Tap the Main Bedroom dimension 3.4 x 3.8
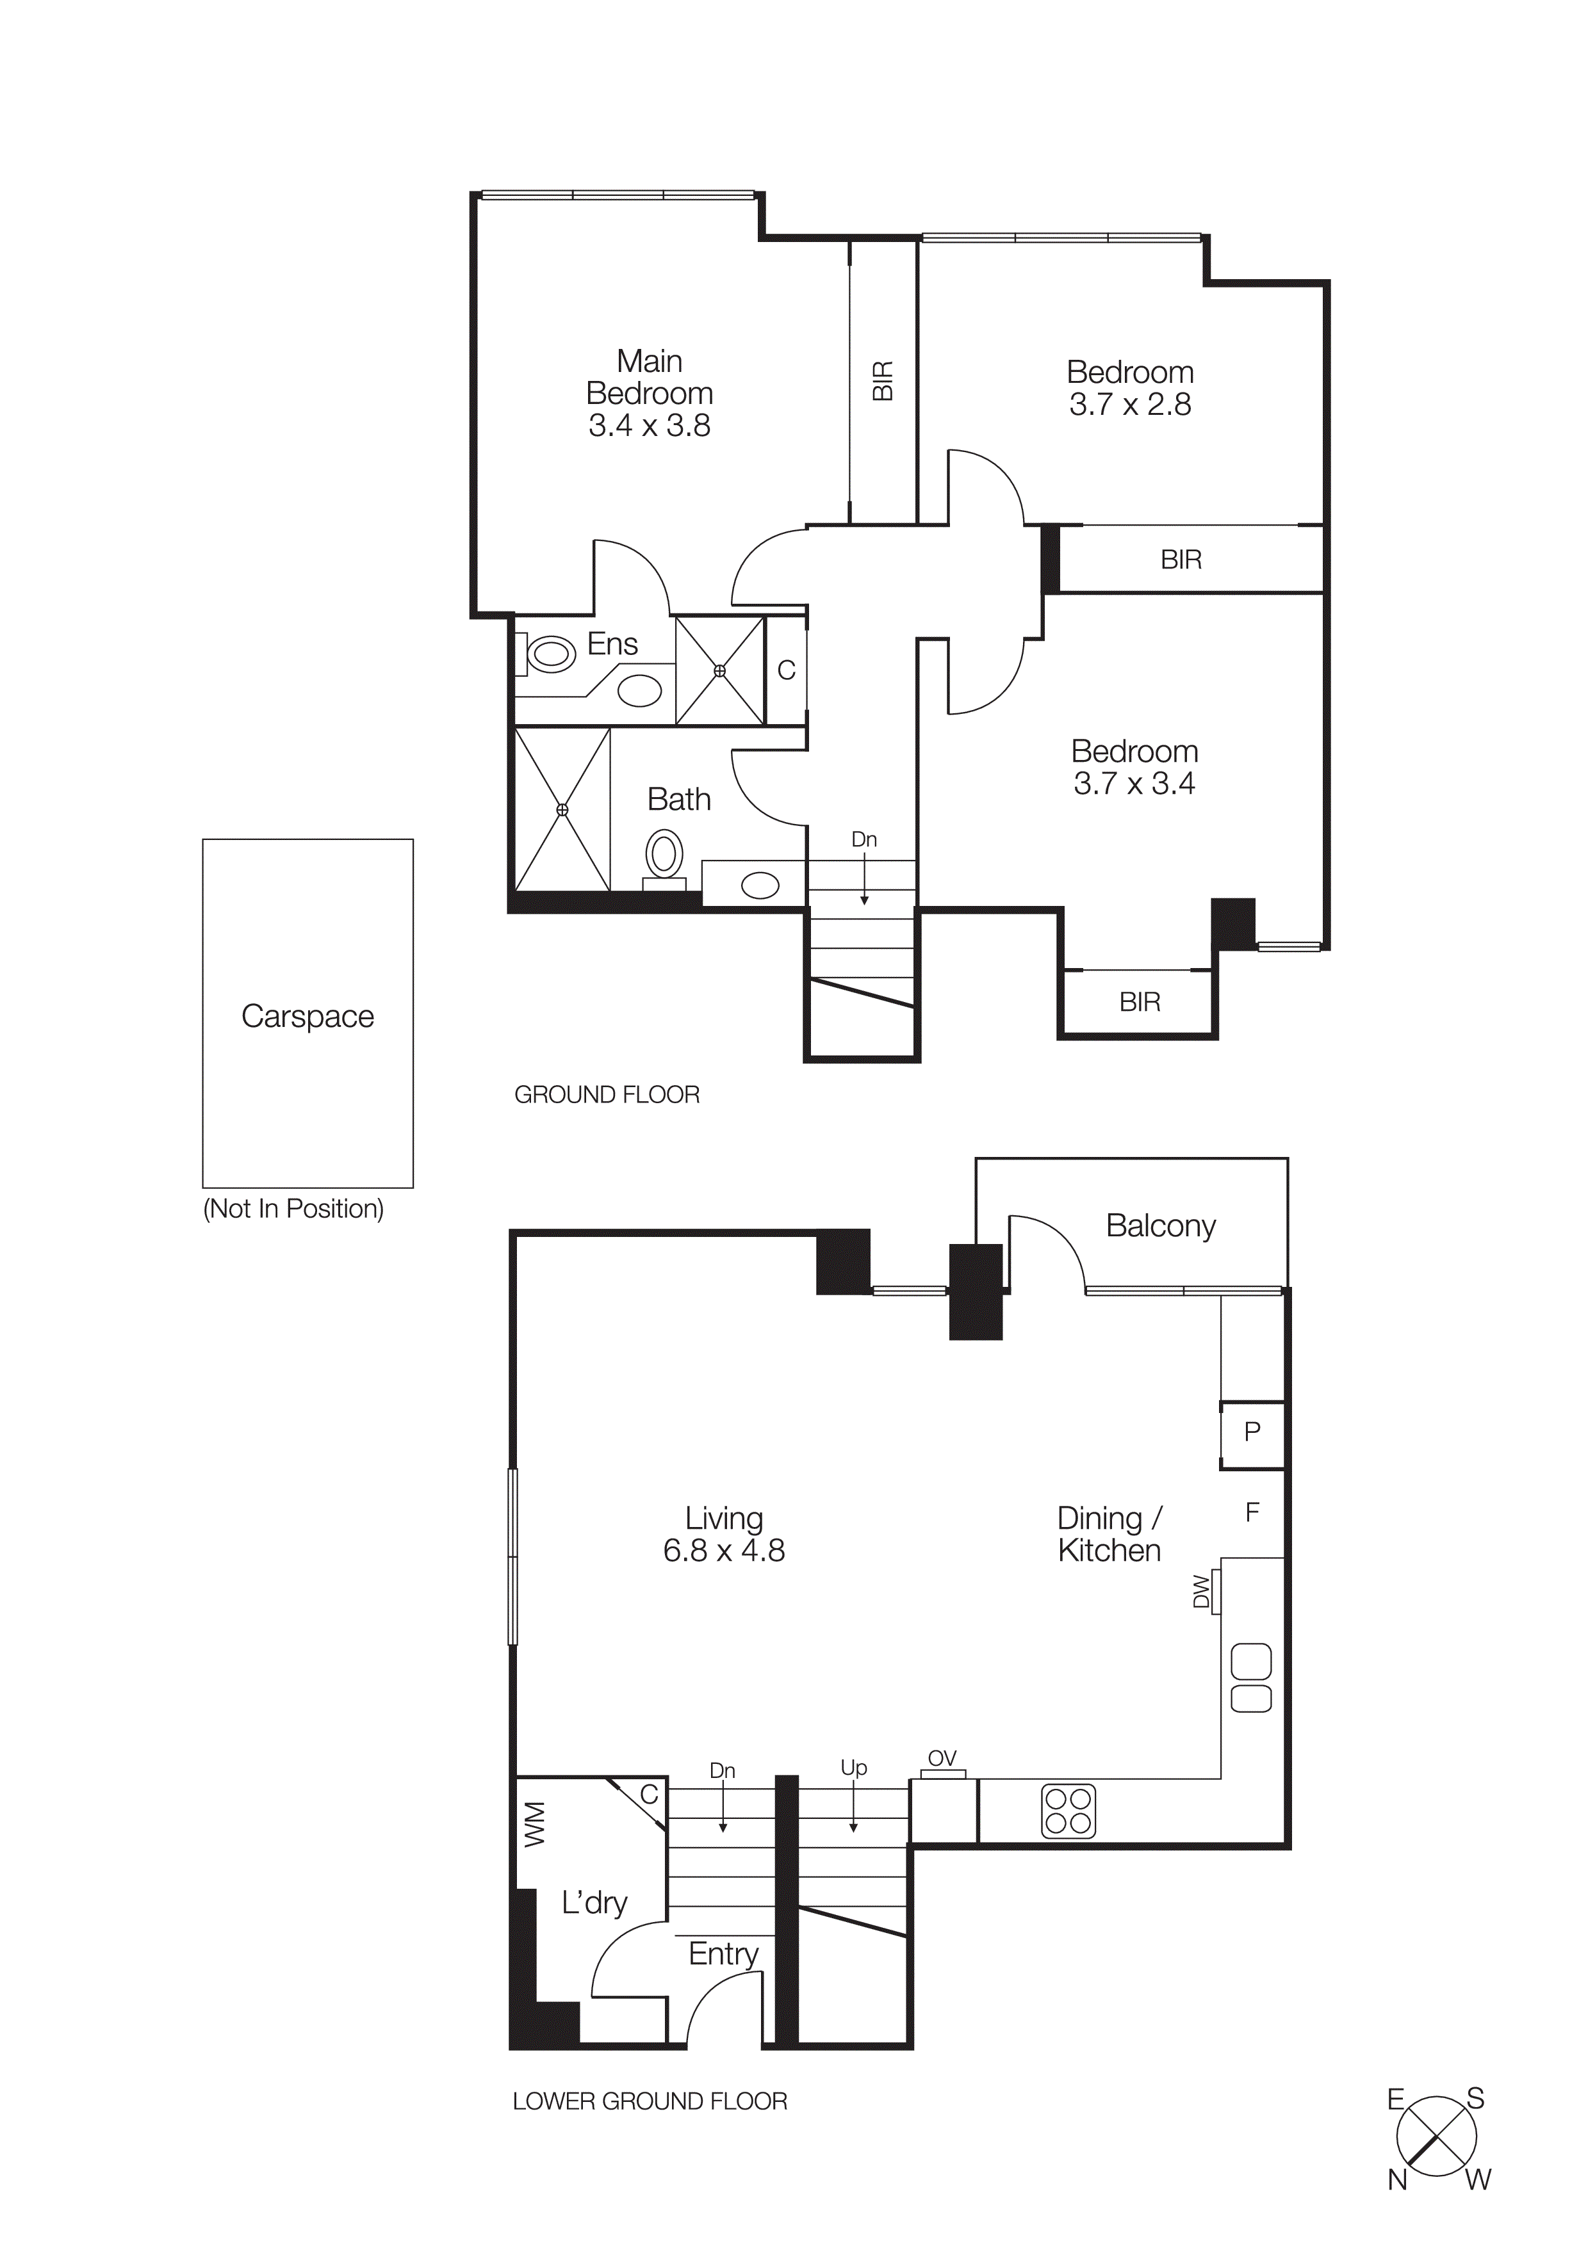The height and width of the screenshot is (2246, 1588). [x=649, y=426]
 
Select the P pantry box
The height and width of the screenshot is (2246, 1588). [x=1252, y=1433]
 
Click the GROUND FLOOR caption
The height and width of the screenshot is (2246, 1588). [x=607, y=1095]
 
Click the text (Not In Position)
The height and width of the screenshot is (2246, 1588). [x=293, y=1209]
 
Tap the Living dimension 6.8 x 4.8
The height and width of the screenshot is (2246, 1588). [x=723, y=1551]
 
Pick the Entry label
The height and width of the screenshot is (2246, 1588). [x=723, y=1953]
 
